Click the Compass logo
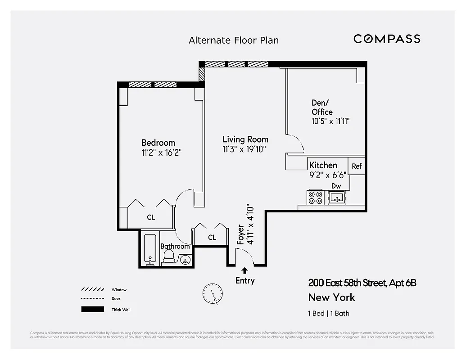pyautogui.click(x=387, y=39)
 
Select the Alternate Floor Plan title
pyautogui.click(x=234, y=40)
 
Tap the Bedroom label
pyautogui.click(x=158, y=143)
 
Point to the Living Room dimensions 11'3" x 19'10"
pyautogui.click(x=244, y=149)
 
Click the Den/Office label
pyautogui.click(x=322, y=108)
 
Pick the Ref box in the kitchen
pyautogui.click(x=357, y=166)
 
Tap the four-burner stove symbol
pyautogui.click(x=314, y=197)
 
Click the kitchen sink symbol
pyautogui.click(x=336, y=197)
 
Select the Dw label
pyautogui.click(x=336, y=186)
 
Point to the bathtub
pyautogui.click(x=150, y=250)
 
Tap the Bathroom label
pyautogui.click(x=175, y=246)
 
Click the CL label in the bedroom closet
pyautogui.click(x=151, y=217)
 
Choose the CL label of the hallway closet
pyautogui.click(x=212, y=237)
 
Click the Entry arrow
pyautogui.click(x=244, y=270)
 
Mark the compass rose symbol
pyautogui.click(x=212, y=294)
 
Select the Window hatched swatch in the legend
pyautogui.click(x=90, y=290)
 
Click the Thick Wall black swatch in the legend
pyautogui.click(x=90, y=309)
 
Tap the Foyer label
pyautogui.click(x=241, y=234)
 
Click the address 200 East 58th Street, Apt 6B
pyautogui.click(x=362, y=283)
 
